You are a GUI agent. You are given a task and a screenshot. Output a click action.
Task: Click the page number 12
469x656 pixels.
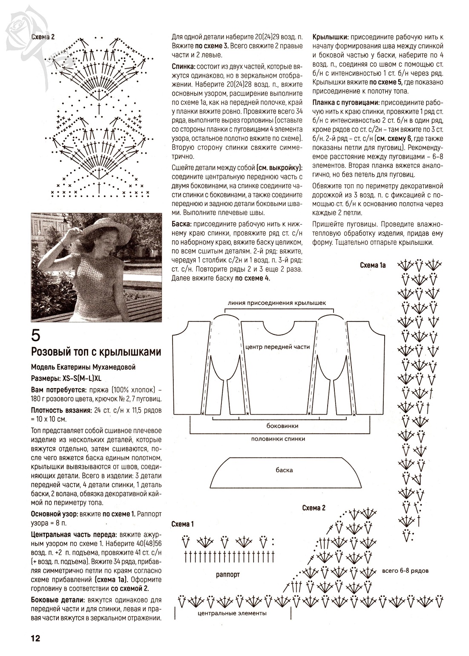(x=35, y=639)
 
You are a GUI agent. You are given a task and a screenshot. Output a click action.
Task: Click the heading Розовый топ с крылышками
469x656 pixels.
(x=96, y=352)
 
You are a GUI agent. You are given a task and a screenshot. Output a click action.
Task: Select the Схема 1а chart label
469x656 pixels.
(x=372, y=265)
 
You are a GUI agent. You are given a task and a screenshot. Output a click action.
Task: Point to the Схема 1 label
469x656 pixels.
(x=182, y=524)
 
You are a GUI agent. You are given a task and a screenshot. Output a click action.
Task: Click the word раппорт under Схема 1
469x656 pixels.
(x=228, y=575)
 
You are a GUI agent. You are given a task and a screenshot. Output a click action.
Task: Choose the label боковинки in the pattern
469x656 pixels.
(x=282, y=426)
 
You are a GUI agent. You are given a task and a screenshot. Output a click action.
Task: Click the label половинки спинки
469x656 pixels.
(x=278, y=438)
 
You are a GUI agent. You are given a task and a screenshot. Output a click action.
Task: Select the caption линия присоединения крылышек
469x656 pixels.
(x=277, y=303)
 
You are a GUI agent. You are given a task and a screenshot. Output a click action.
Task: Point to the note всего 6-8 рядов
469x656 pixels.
(x=405, y=570)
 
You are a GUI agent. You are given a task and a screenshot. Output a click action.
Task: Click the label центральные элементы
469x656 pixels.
(x=232, y=613)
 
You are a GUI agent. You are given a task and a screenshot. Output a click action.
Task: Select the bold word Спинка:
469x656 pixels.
(x=183, y=67)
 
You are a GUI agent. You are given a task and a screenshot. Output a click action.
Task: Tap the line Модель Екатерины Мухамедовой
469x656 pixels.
(x=83, y=367)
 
